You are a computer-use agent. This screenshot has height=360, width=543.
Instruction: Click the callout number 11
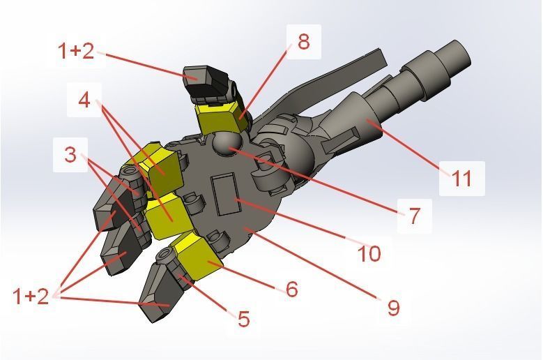coord(461,178)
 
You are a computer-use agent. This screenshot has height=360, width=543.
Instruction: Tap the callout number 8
coord(303,41)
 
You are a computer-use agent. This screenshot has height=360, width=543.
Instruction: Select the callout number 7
coord(414,216)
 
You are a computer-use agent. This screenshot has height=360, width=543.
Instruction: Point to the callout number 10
coord(369,253)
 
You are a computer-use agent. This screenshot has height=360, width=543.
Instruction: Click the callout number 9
coord(393,307)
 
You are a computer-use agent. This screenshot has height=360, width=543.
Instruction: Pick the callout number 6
coord(291,288)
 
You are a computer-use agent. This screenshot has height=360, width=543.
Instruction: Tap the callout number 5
coord(243,320)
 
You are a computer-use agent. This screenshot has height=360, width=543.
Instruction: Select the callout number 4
coord(84,100)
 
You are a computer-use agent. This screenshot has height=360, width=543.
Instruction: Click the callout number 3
coord(70,154)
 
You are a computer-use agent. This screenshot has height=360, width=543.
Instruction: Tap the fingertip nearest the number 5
coord(157,300)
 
